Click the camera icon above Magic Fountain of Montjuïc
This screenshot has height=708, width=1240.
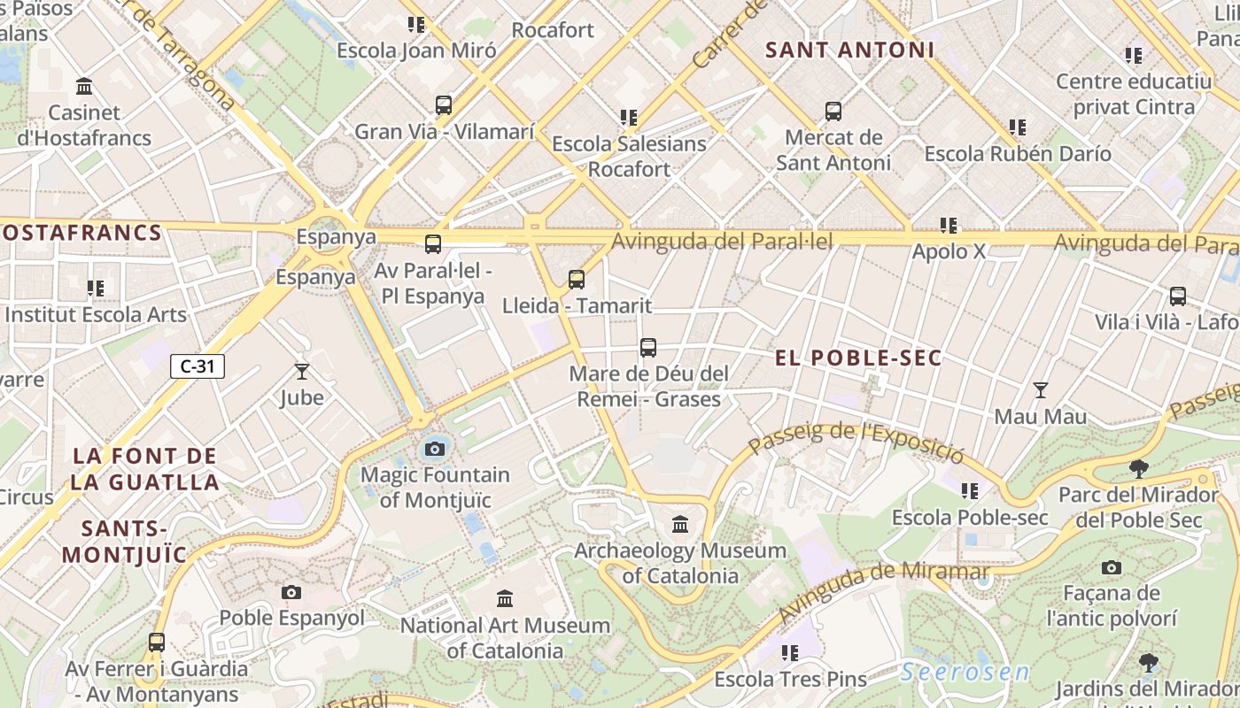click(434, 449)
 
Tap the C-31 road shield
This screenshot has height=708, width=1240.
click(198, 366)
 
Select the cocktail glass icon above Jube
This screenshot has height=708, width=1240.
click(302, 372)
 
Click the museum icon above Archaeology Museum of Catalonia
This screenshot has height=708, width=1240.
click(680, 525)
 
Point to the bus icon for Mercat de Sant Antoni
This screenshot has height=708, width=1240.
click(833, 112)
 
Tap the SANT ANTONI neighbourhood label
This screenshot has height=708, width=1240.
click(849, 50)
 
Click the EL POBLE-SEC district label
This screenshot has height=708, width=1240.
click(858, 358)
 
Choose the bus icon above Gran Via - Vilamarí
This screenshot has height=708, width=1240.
click(444, 105)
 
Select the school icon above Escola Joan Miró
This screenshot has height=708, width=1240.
click(416, 25)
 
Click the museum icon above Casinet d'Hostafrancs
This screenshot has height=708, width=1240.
click(85, 87)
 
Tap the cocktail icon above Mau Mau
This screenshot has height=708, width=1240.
click(1041, 390)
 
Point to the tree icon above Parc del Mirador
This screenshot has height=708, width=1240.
click(1139, 469)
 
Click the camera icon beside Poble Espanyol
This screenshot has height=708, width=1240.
click(291, 592)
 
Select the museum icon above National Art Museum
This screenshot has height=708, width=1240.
click(505, 599)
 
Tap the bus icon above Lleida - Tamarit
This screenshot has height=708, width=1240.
click(577, 280)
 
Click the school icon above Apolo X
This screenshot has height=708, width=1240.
click(949, 226)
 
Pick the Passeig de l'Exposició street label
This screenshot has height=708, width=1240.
click(856, 442)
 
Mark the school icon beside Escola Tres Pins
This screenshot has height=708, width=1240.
click(790, 653)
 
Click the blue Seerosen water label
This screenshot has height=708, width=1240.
click(965, 673)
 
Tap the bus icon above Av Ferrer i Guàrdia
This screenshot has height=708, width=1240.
click(157, 643)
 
